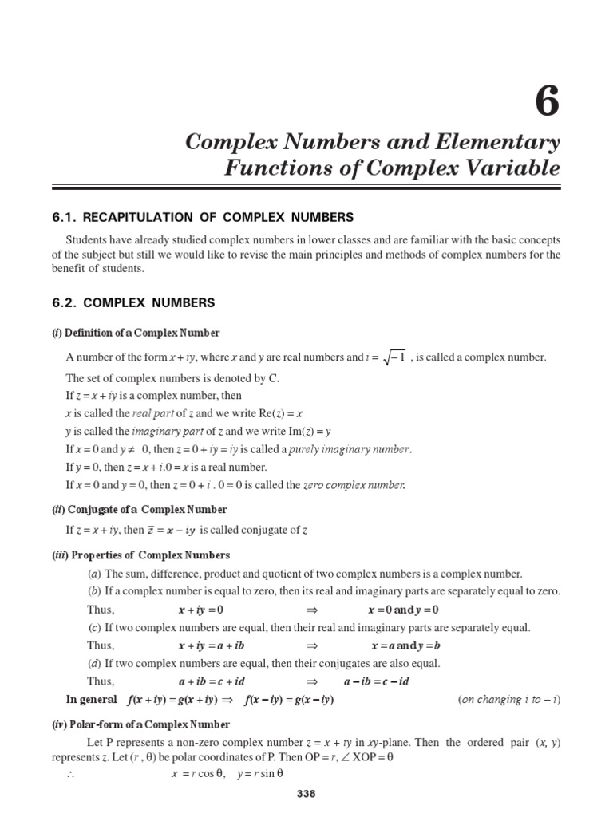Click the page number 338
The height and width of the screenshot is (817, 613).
tap(306, 793)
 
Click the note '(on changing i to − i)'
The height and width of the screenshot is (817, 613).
tap(509, 700)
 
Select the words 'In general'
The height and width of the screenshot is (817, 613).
tap(92, 700)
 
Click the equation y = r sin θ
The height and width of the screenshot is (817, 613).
tap(260, 773)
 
